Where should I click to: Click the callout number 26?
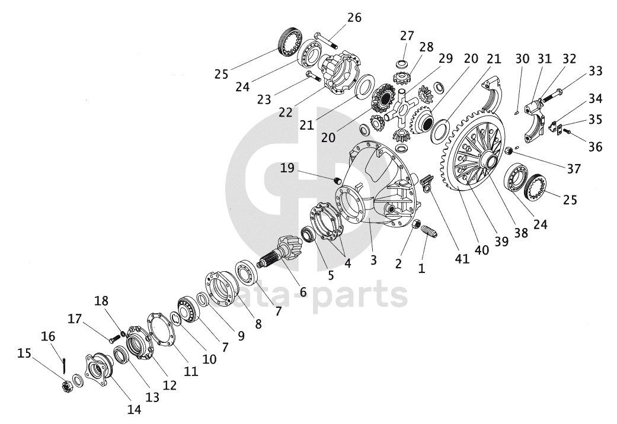[354, 17]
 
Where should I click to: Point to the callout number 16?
[47, 336]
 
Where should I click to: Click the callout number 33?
[595, 71]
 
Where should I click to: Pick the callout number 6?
[303, 291]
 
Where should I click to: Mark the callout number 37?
[573, 169]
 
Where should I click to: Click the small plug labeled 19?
[337, 180]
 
